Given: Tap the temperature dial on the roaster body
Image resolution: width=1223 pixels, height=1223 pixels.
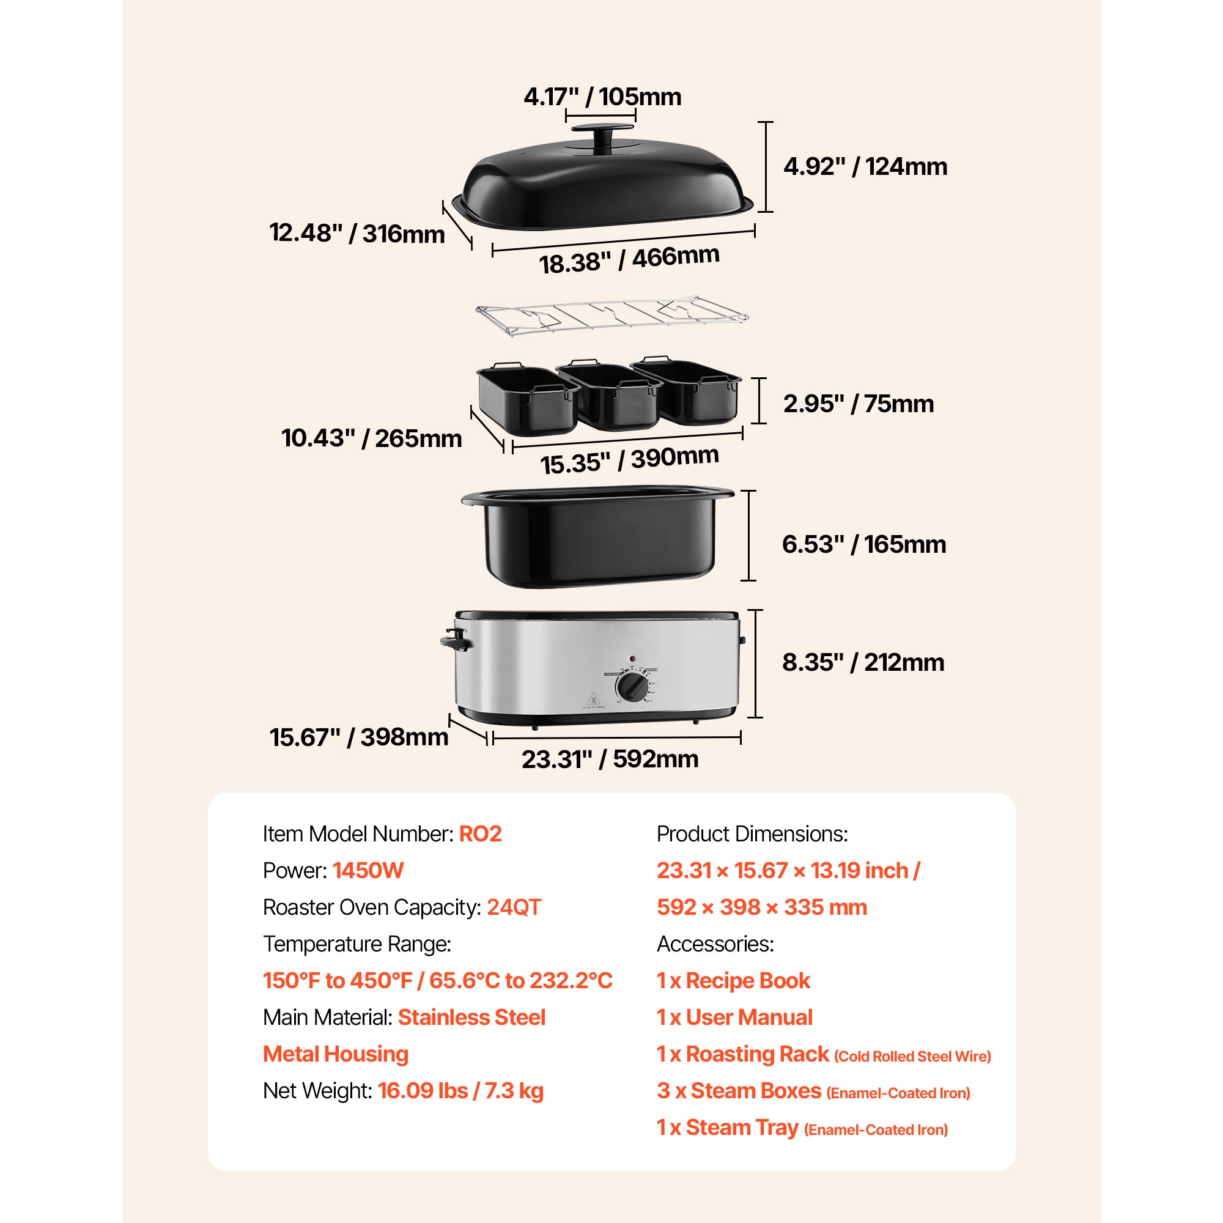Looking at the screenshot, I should [x=632, y=687].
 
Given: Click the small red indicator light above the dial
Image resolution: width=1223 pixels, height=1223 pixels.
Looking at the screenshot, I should [x=632, y=659].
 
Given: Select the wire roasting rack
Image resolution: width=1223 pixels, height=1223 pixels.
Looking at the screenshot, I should [x=611, y=314].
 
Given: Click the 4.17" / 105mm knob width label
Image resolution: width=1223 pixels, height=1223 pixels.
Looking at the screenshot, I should [x=602, y=97].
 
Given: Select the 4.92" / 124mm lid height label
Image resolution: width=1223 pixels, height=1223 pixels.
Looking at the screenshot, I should [x=865, y=166].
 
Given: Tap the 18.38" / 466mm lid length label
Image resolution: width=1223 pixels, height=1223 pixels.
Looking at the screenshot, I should [x=629, y=259].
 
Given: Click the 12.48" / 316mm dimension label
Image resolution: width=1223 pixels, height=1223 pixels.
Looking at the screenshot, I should [x=357, y=233].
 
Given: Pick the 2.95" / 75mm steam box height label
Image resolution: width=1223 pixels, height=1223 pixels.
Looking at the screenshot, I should [x=858, y=404].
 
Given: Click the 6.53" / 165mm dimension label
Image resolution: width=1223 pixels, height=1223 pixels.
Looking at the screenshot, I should [x=863, y=544].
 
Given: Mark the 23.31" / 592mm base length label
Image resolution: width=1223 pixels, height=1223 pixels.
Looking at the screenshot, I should [x=610, y=759].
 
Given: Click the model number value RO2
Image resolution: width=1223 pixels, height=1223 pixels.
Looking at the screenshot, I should [x=480, y=833].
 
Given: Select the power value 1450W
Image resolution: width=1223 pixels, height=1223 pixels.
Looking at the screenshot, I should [x=368, y=870].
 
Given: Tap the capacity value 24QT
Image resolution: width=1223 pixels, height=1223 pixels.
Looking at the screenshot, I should [x=514, y=907].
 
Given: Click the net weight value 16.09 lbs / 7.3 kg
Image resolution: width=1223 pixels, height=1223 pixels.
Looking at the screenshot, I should [x=460, y=1091].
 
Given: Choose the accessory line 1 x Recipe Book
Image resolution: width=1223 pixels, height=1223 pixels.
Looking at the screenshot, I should [x=733, y=981].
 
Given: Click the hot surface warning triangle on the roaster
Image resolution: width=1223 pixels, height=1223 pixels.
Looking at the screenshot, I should [x=593, y=699].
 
